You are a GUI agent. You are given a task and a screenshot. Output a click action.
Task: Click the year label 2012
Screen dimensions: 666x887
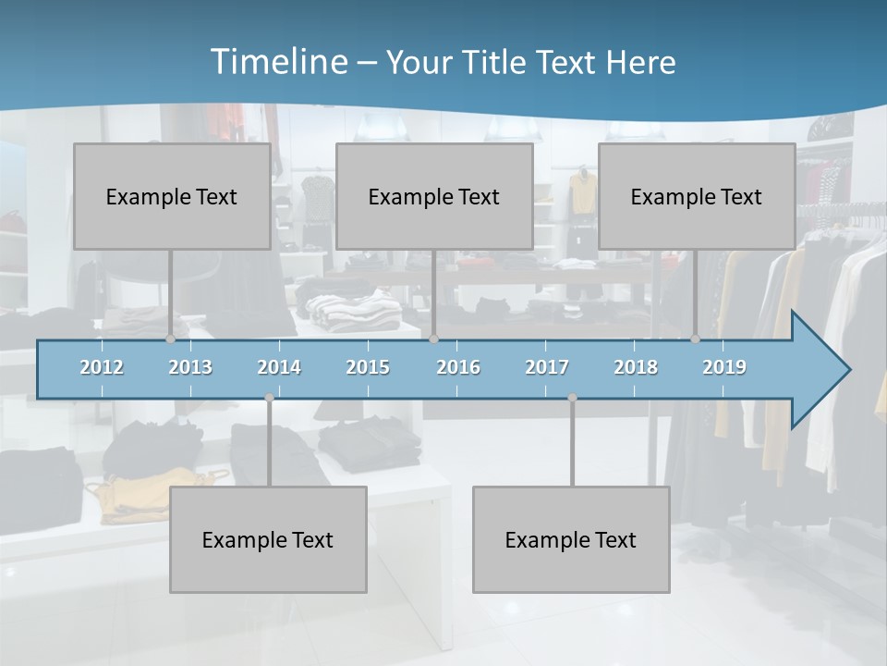point(102,367)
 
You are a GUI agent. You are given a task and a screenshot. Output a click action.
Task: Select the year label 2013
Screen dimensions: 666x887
point(190,367)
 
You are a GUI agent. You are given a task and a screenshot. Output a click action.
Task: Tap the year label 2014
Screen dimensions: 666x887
point(279,367)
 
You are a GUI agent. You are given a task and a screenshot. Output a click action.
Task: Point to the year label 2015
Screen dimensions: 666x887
point(368,367)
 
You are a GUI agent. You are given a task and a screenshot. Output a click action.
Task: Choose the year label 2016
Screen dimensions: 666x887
point(457,367)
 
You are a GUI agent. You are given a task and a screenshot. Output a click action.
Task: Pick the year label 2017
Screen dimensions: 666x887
point(547,367)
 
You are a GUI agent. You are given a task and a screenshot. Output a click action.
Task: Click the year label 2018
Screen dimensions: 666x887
point(636,367)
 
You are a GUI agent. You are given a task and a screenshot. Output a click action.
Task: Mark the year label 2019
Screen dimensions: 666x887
point(724,367)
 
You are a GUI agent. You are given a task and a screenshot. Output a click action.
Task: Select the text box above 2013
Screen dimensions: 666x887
point(172,196)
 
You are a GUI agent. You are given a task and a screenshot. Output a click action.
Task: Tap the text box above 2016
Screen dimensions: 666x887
point(434,196)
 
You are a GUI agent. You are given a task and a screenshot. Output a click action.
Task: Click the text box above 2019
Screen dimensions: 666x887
point(697,196)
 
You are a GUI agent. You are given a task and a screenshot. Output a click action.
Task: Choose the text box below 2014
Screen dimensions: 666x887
point(268,539)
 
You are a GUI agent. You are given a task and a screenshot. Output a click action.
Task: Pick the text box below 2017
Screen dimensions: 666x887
point(571,539)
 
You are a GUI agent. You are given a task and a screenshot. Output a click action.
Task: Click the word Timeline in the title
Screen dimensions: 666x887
point(277,62)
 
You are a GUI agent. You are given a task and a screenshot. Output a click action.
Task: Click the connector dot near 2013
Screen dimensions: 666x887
point(170,339)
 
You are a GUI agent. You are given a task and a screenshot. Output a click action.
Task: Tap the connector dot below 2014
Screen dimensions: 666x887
point(269,398)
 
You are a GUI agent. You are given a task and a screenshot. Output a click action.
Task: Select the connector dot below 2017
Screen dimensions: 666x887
point(572,398)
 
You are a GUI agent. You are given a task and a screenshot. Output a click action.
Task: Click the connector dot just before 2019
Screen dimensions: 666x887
point(695,339)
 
